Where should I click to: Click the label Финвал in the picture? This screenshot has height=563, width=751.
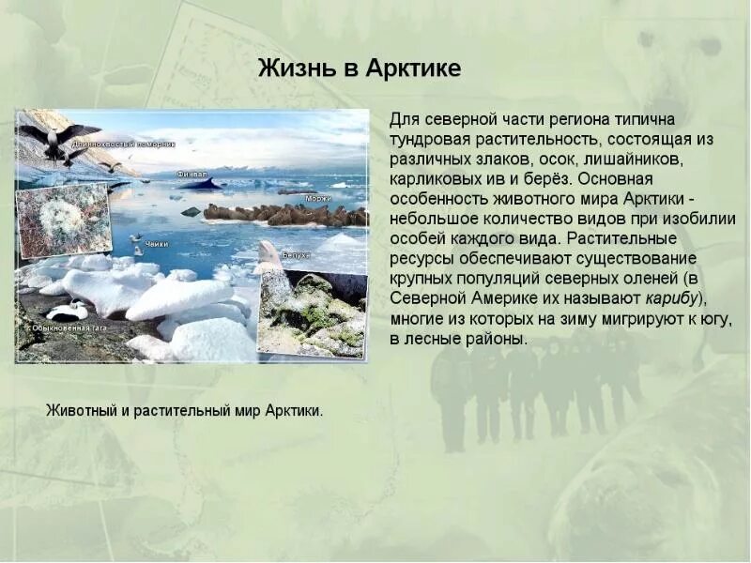[193, 174]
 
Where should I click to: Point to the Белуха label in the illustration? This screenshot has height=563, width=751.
[297, 254]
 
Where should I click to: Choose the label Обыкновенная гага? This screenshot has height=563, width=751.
[70, 327]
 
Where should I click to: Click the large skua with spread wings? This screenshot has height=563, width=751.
[54, 138]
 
